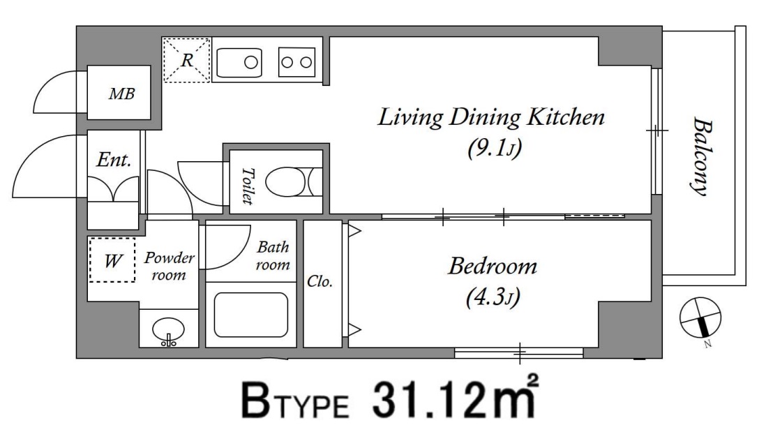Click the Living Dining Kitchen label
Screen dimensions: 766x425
[491, 117]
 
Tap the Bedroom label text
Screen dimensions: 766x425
[493, 267]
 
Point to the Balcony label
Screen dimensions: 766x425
[702, 156]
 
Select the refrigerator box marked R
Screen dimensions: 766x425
[186, 60]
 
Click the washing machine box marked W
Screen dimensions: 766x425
[112, 260]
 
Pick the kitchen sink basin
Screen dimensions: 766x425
[239, 63]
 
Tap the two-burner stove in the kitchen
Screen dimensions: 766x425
[296, 62]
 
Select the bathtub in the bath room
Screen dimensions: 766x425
[251, 315]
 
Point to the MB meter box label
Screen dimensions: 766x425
[121, 94]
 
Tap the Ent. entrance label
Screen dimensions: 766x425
[114, 160]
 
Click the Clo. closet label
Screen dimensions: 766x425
[320, 281]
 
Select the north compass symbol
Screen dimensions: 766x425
[700, 318]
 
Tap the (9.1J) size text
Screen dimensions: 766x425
[495, 148]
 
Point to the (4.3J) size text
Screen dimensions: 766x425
[493, 297]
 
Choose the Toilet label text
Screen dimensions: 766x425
[248, 186]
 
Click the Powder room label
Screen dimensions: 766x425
[169, 266]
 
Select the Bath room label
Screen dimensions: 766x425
[273, 255]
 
